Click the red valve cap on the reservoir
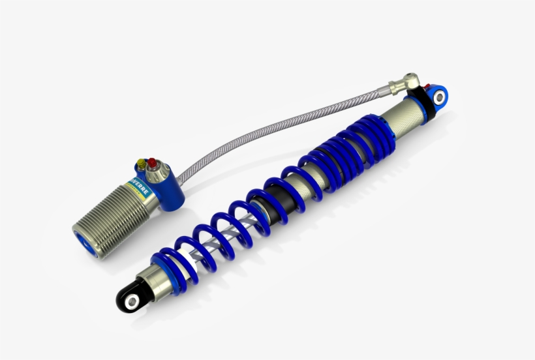(152, 162)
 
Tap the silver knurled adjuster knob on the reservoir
(157, 173)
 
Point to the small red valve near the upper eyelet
(427, 87)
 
